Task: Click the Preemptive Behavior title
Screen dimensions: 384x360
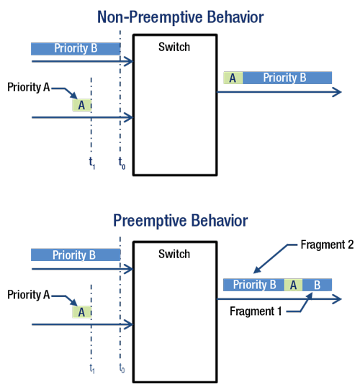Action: coord(180,220)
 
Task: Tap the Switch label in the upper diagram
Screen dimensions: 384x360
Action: coord(174,47)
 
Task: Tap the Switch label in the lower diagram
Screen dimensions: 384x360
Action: coord(174,254)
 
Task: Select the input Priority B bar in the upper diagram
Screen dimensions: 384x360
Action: coord(75,49)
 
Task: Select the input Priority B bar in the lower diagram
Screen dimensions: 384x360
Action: coord(75,255)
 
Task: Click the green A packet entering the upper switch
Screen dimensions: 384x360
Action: coord(81,105)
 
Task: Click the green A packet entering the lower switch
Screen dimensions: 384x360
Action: coord(81,311)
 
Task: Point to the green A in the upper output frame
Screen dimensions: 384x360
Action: coord(233,78)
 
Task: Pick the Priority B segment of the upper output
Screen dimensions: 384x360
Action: coord(287,78)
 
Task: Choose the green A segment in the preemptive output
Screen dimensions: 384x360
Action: coord(292,285)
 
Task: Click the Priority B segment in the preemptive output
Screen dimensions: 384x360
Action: coord(253,285)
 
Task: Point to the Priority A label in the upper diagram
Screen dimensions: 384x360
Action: coord(29,87)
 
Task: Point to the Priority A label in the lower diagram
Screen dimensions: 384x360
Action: coord(29,294)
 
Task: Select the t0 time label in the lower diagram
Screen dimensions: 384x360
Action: coord(122,369)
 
